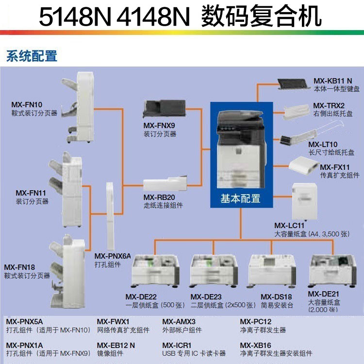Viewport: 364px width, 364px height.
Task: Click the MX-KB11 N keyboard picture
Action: [294, 84]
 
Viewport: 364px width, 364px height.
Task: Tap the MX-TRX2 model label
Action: [329, 106]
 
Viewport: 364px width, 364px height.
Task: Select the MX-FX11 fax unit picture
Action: [303, 166]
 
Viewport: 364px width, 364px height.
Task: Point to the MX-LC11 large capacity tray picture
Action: [305, 201]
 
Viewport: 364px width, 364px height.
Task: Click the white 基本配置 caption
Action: [241, 199]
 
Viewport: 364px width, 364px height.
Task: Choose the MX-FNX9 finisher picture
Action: [164, 109]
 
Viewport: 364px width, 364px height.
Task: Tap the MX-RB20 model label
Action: [159, 198]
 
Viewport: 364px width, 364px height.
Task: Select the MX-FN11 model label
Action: [31, 193]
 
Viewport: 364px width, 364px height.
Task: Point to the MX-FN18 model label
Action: [19, 267]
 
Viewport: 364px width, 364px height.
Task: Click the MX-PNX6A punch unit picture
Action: [110, 216]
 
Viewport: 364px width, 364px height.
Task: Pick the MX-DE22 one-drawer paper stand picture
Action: [155, 271]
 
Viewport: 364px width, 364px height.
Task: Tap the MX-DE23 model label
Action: [206, 297]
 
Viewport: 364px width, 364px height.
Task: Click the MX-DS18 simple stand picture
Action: [272, 271]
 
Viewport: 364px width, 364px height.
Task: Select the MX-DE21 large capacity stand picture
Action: [332, 271]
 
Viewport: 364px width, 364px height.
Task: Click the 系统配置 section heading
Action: [32, 56]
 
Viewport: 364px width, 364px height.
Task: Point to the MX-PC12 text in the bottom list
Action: [256, 322]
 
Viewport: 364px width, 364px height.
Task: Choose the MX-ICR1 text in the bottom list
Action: [177, 346]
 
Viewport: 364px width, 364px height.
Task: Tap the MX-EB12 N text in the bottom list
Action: [116, 346]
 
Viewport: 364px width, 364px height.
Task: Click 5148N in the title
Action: [75, 17]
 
